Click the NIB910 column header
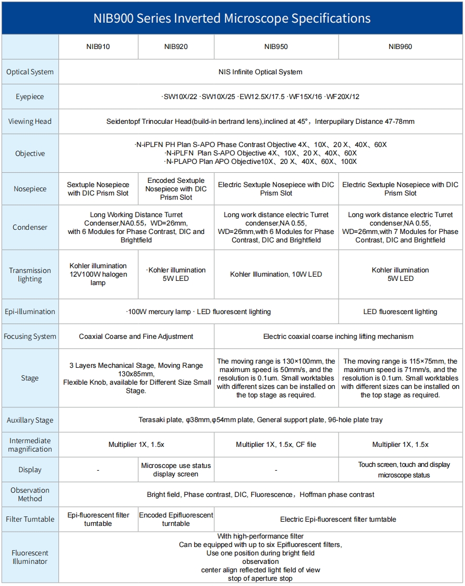point(98,46)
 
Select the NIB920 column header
point(176,46)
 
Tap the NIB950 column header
point(276,46)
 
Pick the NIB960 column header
point(400,46)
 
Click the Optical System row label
point(30,72)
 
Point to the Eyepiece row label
point(30,96)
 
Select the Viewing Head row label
point(30,121)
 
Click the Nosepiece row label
point(30,189)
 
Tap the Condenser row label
point(30,227)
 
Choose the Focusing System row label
point(30,336)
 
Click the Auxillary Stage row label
point(30,420)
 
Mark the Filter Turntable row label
point(30,519)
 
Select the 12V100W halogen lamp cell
point(98,275)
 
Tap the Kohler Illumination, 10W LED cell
point(276,274)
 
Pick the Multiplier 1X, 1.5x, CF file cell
point(276,444)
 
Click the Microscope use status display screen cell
point(176,470)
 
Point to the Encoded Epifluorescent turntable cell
point(176,519)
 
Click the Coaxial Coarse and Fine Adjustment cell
point(136,336)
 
